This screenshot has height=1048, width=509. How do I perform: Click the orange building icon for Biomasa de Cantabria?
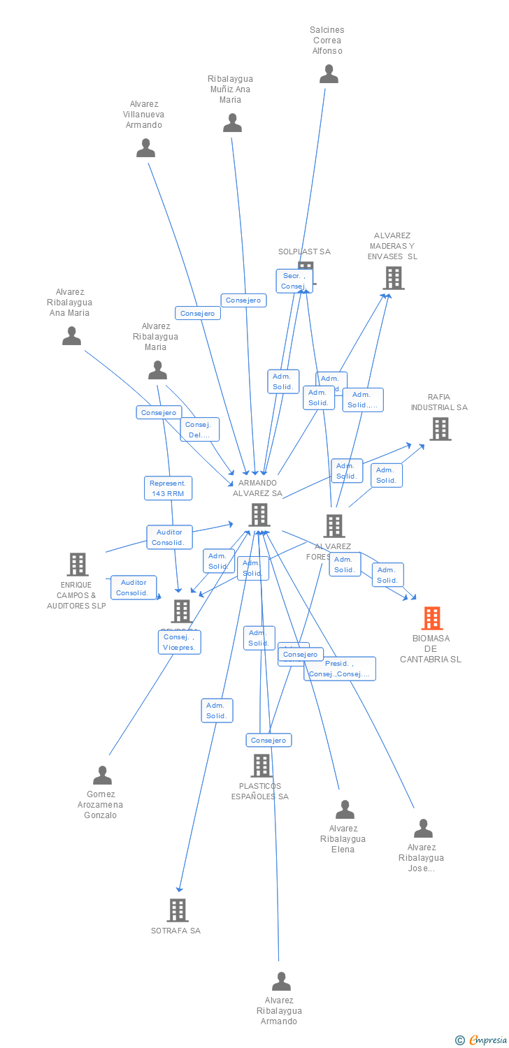click(x=432, y=618)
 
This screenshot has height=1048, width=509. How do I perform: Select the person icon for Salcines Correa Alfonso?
click(x=329, y=74)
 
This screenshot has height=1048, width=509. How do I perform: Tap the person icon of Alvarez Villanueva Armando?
click(x=145, y=148)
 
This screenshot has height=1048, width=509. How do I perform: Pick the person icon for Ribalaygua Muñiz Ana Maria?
click(x=232, y=124)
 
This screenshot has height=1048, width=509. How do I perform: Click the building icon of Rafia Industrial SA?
click(x=440, y=429)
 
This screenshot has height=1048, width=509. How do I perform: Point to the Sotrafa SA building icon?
click(x=178, y=910)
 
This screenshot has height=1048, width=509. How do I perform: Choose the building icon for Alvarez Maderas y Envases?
click(x=394, y=278)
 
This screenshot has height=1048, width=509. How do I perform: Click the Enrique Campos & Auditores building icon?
click(x=77, y=565)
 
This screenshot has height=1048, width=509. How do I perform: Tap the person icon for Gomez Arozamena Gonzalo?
click(x=102, y=776)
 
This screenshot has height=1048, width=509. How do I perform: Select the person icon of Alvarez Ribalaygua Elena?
click(x=345, y=810)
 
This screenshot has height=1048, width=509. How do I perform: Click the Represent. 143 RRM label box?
click(x=168, y=488)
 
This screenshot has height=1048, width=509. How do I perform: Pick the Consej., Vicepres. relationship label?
click(x=180, y=642)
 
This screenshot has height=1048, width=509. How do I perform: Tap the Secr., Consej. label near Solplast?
click(x=294, y=281)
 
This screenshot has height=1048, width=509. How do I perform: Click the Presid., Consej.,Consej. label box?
click(x=340, y=669)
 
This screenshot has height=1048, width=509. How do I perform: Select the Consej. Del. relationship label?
click(x=200, y=430)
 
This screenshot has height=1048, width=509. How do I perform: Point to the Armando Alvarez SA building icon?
click(x=259, y=515)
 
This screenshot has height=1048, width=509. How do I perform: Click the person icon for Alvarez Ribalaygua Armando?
click(x=281, y=982)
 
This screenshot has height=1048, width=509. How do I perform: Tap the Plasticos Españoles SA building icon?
click(x=261, y=766)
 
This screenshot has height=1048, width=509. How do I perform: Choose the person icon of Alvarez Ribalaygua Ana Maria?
click(x=71, y=337)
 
